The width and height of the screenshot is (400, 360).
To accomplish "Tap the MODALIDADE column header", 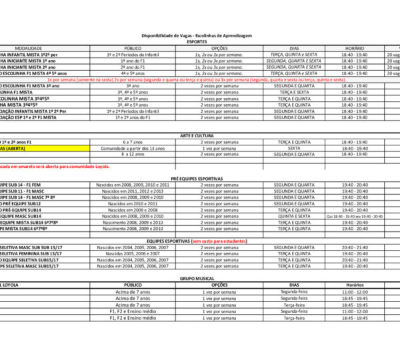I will [28, 48].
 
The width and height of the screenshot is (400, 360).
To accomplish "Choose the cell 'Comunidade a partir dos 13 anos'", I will [133, 148].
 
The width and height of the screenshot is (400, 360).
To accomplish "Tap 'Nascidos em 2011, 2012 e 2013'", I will [133, 191].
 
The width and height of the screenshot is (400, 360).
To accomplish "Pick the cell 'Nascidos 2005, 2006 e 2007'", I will [133, 253].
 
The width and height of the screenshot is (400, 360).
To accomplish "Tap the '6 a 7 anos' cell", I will [133, 142].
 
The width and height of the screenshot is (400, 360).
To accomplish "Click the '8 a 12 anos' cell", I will [133, 154].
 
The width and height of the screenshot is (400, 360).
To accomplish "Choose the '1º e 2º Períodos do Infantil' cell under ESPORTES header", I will [133, 55].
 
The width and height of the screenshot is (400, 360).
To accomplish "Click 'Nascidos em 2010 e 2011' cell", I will [133, 203].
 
